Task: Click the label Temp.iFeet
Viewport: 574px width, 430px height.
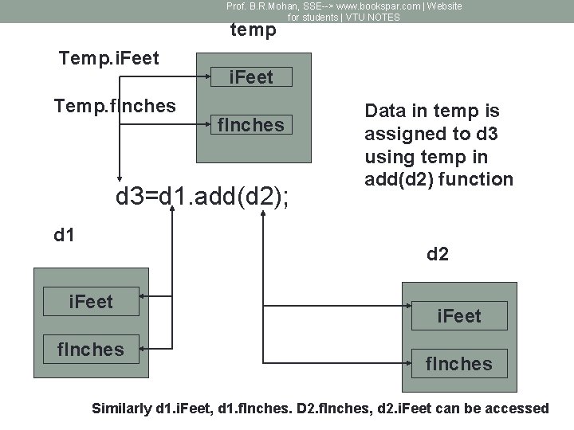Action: coord(109,58)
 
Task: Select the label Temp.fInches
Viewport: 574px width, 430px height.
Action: coord(115,105)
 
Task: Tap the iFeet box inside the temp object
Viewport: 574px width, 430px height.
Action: coord(251,77)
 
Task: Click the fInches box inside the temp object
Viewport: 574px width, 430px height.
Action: coord(251,125)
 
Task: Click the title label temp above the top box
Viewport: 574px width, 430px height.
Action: coord(253,30)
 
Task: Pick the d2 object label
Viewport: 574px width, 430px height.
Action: coord(438,255)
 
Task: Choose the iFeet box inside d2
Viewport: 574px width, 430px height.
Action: coord(458,317)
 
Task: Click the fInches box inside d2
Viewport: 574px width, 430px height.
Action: coord(458,364)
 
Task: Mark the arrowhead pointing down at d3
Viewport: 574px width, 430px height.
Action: coord(120,178)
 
